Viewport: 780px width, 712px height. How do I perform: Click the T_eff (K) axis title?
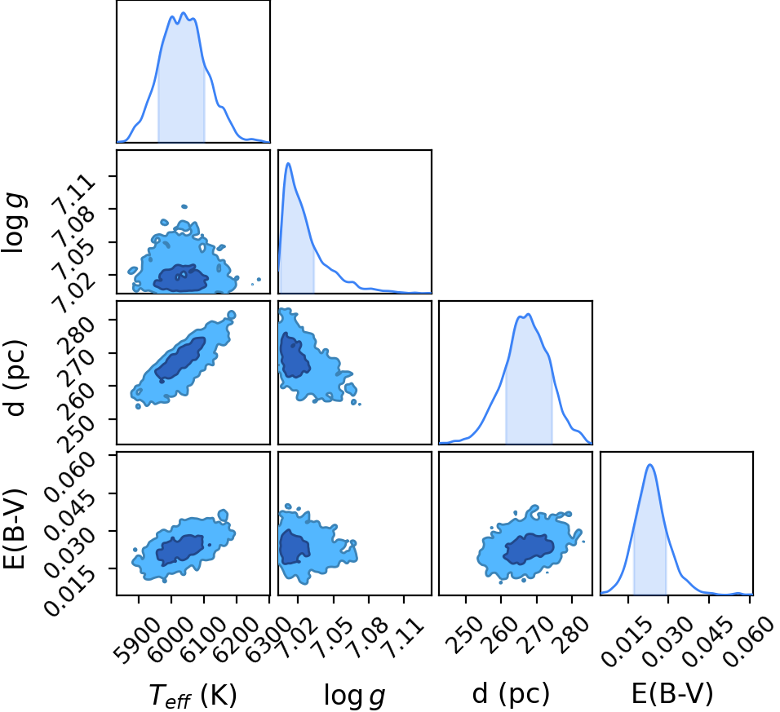click(x=193, y=695)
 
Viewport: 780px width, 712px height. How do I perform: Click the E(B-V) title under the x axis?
click(x=672, y=693)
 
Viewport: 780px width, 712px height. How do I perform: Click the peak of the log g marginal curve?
click(x=288, y=163)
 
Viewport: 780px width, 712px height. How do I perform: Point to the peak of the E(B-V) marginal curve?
click(x=649, y=464)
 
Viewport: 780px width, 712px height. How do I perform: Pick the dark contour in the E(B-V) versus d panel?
click(x=529, y=548)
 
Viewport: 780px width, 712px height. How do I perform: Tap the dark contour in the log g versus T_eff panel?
click(x=180, y=278)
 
